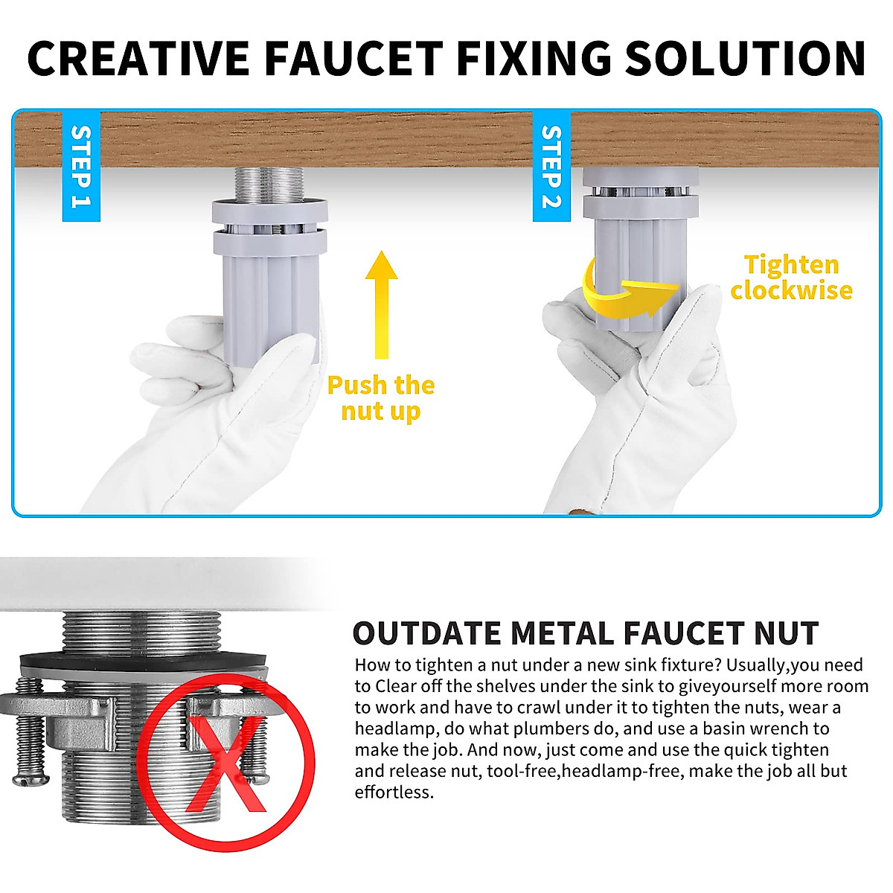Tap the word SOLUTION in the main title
tap(745, 58)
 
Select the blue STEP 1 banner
tap(80, 167)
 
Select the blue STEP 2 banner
tap(551, 167)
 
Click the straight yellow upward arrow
tap(381, 305)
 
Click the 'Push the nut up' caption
tap(381, 398)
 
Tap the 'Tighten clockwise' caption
tap(791, 277)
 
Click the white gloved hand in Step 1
tap(223, 417)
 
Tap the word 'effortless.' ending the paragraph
tap(394, 792)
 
